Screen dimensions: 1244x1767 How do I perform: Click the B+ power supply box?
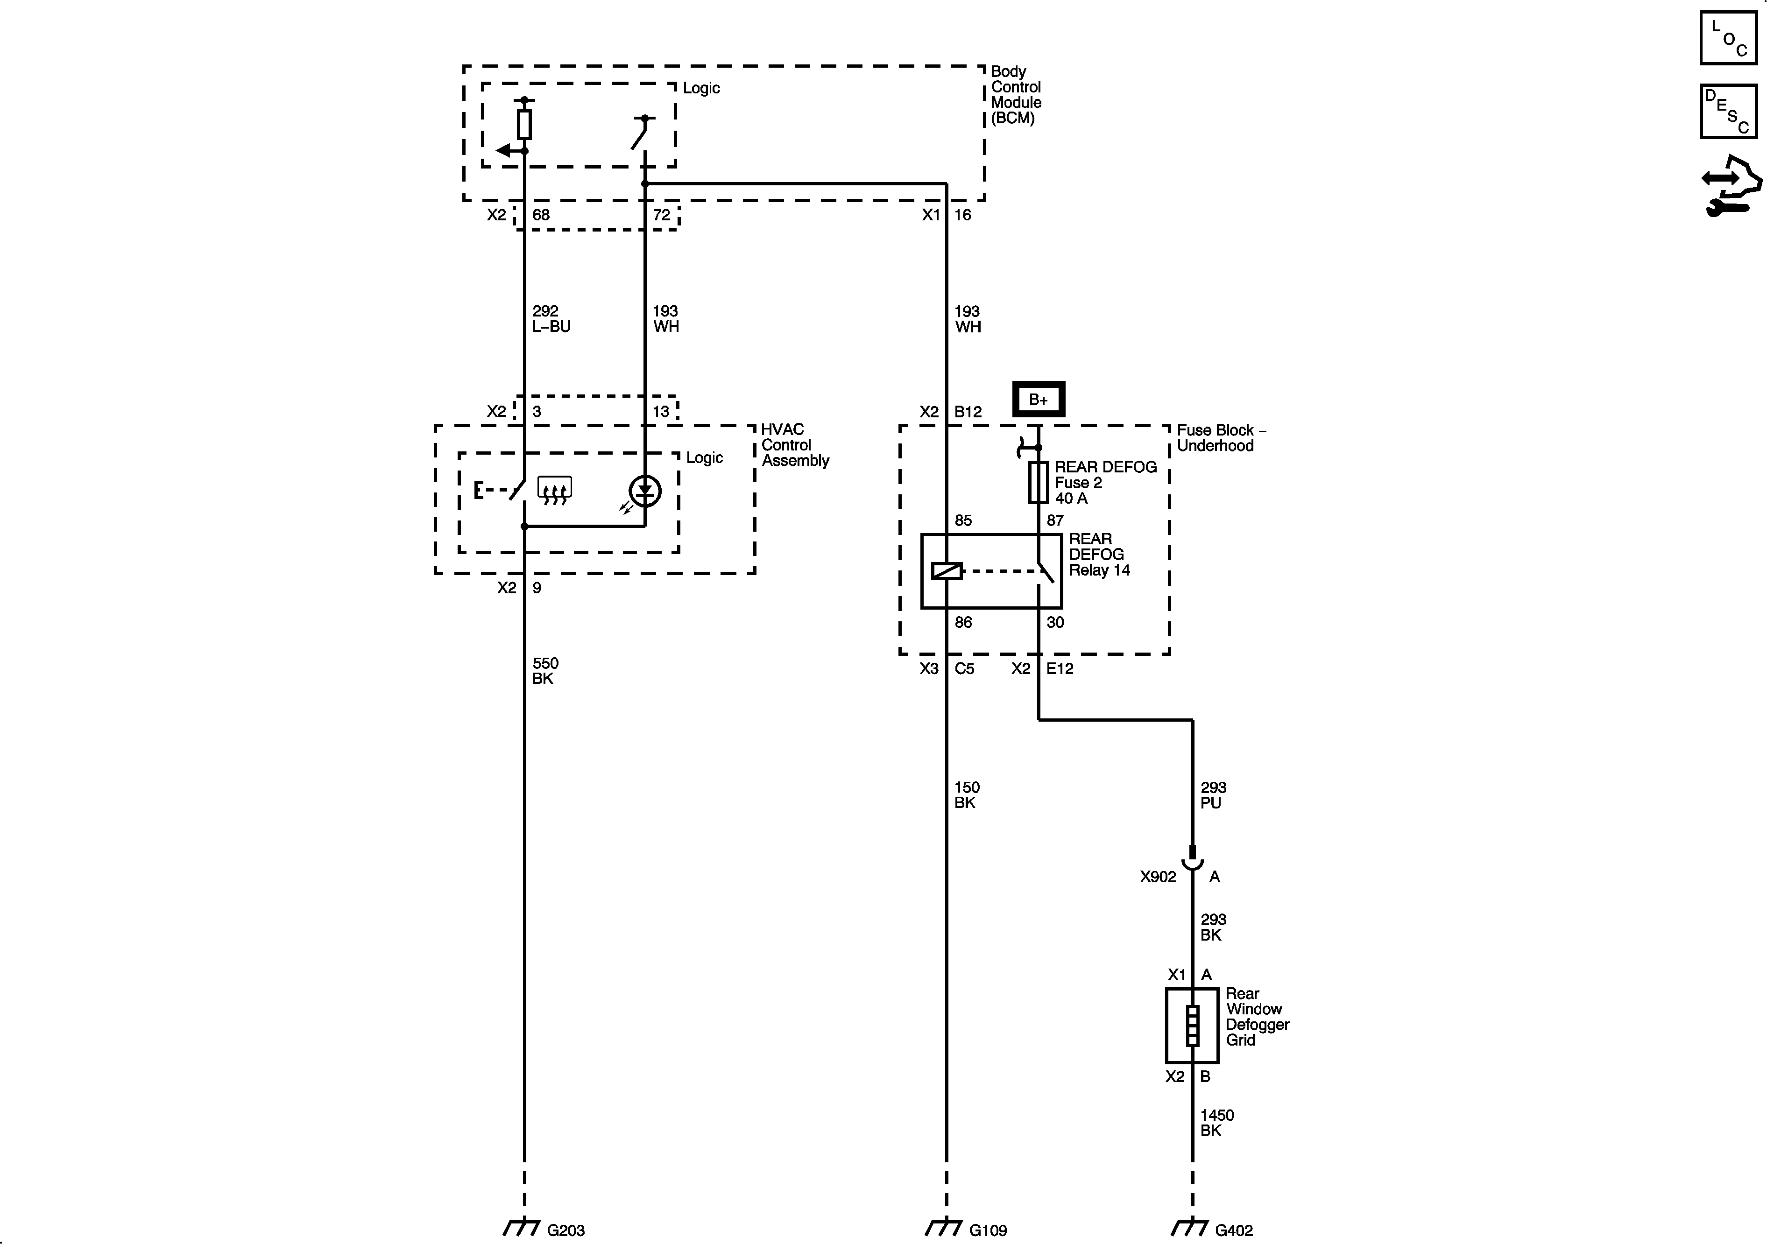[1038, 399]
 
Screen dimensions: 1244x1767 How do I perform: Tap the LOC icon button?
[1728, 38]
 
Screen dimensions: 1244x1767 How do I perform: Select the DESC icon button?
[1728, 112]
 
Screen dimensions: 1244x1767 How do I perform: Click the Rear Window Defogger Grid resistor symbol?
[1192, 1026]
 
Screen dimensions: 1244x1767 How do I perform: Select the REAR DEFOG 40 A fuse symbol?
[1038, 482]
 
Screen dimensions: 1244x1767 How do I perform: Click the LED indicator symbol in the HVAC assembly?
[645, 491]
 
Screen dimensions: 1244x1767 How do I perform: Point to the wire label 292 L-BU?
[551, 318]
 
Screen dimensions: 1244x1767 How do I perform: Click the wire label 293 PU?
[1212, 795]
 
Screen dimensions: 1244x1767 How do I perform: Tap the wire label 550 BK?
[545, 670]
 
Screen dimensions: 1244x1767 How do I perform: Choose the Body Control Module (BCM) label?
[1016, 95]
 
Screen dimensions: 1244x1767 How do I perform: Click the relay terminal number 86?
[963, 622]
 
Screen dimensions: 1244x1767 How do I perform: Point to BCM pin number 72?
[661, 215]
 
